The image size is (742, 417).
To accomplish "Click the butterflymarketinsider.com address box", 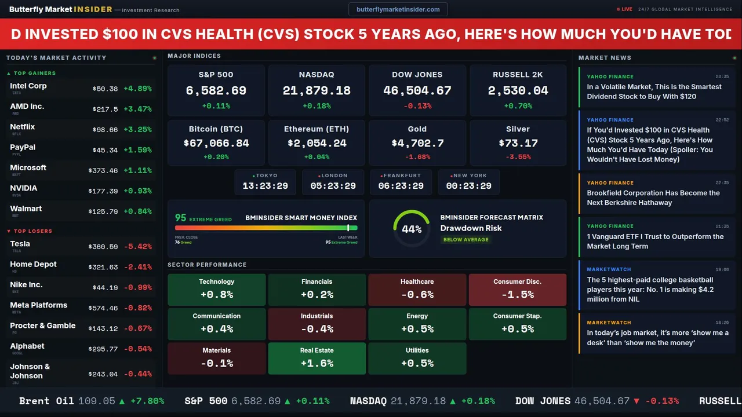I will pyautogui.click(x=398, y=9).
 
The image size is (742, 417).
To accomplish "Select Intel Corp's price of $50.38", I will pyautogui.click(x=105, y=89).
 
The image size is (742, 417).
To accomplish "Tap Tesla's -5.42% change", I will pyautogui.click(x=138, y=247).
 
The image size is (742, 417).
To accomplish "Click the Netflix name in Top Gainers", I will pyautogui.click(x=23, y=127).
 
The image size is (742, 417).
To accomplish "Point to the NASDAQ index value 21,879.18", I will pyautogui.click(x=317, y=91).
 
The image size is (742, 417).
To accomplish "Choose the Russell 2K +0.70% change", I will pyautogui.click(x=518, y=106).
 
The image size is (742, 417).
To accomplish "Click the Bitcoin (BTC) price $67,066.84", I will pyautogui.click(x=216, y=143).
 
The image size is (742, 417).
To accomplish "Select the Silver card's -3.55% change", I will pyautogui.click(x=518, y=157).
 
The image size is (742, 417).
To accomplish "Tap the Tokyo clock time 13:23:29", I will pyautogui.click(x=265, y=186).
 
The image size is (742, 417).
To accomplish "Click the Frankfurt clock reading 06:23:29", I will pyautogui.click(x=401, y=186).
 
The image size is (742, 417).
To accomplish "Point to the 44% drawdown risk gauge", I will pyautogui.click(x=412, y=229).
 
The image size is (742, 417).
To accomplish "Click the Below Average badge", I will pyautogui.click(x=465, y=239).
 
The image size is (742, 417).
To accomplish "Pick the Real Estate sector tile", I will pyautogui.click(x=317, y=357).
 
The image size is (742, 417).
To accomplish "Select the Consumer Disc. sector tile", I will pyautogui.click(x=517, y=289).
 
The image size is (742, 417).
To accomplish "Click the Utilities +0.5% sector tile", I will pyautogui.click(x=417, y=357).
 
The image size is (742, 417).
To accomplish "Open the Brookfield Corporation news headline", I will pyautogui.click(x=653, y=197).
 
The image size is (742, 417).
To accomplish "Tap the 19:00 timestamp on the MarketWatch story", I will pyautogui.click(x=722, y=269).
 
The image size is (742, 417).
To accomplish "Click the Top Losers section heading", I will pyautogui.click(x=32, y=231).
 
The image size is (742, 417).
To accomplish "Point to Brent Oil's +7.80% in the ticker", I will pyautogui.click(x=147, y=401).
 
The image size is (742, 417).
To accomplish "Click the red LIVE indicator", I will pyautogui.click(x=626, y=9).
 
